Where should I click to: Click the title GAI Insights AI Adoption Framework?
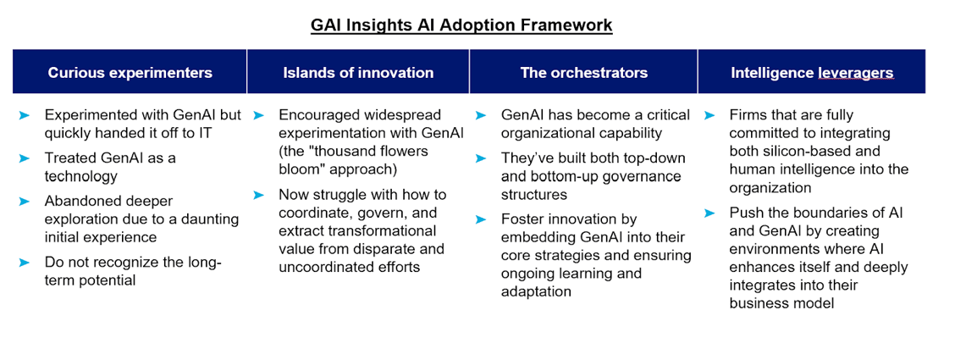tap(461, 25)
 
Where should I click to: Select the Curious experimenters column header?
tap(130, 72)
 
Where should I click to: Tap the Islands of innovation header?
tap(359, 72)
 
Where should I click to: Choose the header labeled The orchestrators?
tap(584, 72)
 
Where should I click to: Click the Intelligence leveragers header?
tap(812, 72)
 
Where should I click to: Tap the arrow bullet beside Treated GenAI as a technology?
tap(24, 158)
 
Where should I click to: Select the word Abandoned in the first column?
tap(77, 202)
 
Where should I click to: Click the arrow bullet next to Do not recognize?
tap(24, 263)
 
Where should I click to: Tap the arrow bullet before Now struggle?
tap(258, 195)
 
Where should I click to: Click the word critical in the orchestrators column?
tap(669, 114)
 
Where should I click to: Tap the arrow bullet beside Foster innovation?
tap(481, 219)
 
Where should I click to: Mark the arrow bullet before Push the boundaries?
tap(709, 213)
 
